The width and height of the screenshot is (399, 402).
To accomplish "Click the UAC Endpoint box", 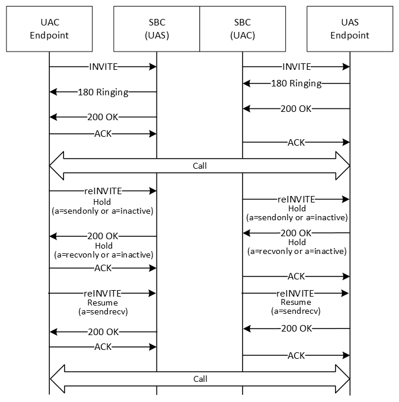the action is point(49,29).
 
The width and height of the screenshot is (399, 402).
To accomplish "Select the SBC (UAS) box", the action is point(157,29).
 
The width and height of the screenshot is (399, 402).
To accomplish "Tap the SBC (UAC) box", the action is point(242,29).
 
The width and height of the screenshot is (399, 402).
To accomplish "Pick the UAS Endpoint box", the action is point(350,29).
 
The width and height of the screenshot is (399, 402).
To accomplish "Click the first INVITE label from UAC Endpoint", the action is point(103,67).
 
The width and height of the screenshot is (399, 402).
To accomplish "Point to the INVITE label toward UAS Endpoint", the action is point(296,67).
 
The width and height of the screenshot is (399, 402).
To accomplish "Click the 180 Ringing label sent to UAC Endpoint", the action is point(103,92).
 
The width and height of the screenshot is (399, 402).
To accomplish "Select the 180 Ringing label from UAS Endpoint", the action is point(296,83).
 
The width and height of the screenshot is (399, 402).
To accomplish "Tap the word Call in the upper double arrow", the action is point(200,166).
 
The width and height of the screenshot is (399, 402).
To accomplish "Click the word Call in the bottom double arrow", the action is point(200,379).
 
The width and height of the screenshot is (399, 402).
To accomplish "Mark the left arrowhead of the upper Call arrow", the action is point(57,166).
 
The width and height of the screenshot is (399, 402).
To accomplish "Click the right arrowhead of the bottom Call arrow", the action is point(343,379).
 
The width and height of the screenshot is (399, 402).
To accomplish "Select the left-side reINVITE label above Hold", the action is point(103,191).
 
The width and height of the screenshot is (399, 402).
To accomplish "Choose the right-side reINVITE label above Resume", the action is point(295,293).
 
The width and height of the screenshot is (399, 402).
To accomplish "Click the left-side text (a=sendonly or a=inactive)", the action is point(103,211).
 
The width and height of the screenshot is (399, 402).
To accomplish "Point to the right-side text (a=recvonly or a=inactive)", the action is point(297,251).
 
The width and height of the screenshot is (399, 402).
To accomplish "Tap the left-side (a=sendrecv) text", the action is point(103,311).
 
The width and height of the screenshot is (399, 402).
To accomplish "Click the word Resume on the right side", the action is point(296,302).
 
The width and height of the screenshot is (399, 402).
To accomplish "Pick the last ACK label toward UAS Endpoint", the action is point(296,356).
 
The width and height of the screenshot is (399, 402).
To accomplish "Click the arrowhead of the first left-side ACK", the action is point(153,134).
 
